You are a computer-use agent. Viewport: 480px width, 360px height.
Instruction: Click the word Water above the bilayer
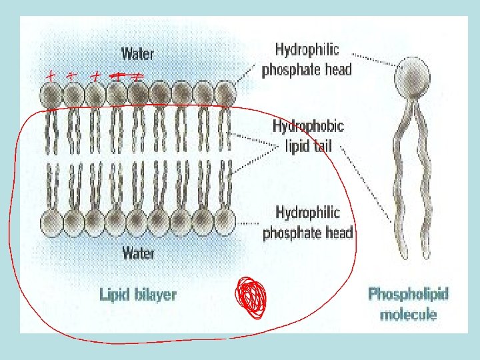pyautogui.click(x=137, y=53)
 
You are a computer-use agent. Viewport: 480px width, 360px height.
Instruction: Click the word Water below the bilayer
pyautogui.click(x=139, y=253)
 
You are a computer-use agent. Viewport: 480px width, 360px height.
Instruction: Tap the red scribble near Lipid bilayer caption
pyautogui.click(x=251, y=297)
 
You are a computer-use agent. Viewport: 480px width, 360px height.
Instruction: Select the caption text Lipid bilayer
pyautogui.click(x=138, y=293)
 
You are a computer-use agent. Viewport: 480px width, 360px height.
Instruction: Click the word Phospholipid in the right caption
pyautogui.click(x=409, y=294)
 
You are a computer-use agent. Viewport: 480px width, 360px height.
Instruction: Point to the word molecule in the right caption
pyautogui.click(x=409, y=314)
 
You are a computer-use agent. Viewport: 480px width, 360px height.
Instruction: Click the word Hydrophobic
pyautogui.click(x=308, y=126)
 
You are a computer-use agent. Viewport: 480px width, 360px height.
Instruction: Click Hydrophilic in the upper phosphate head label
pyautogui.click(x=307, y=49)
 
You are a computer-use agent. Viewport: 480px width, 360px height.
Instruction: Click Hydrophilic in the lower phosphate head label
pyautogui.click(x=308, y=213)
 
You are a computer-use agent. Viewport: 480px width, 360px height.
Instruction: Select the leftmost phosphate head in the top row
pyautogui.click(x=51, y=95)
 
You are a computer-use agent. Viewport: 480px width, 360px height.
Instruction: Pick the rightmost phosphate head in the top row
pyautogui.click(x=225, y=94)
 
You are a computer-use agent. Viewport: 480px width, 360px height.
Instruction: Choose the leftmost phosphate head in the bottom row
pyautogui.click(x=51, y=221)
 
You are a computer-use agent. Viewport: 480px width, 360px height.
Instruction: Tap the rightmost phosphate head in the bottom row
pyautogui.click(x=224, y=219)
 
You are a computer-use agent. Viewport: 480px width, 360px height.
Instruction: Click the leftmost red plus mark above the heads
pyautogui.click(x=49, y=76)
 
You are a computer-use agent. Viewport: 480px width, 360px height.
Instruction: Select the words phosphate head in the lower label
pyautogui.click(x=307, y=233)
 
